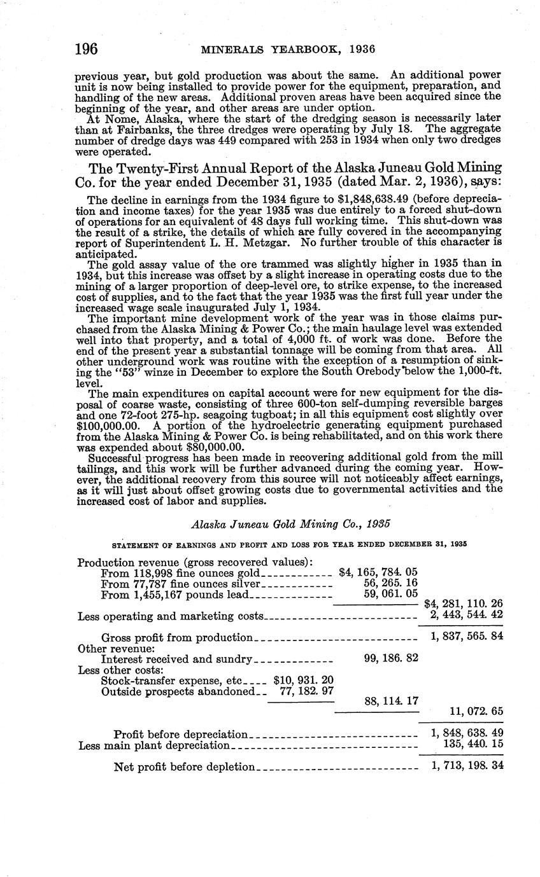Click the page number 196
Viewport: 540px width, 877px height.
86,48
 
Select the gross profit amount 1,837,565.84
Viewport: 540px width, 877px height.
467,637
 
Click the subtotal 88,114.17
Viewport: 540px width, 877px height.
390,701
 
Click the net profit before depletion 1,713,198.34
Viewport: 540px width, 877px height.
467,766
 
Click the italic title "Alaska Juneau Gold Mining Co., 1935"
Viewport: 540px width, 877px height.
290,524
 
